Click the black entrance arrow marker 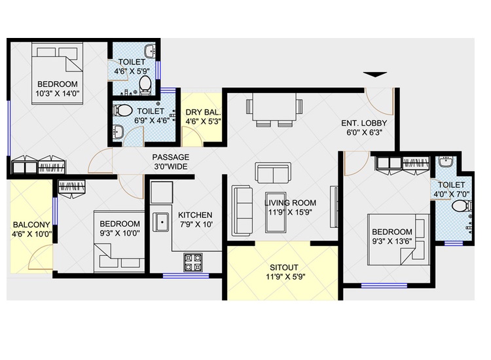(x=375, y=75)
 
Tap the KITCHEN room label (x=195, y=215)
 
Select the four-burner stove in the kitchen (x=193, y=262)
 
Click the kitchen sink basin (x=161, y=222)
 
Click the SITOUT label (x=284, y=268)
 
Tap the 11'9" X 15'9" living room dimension (x=290, y=212)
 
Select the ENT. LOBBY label (x=364, y=123)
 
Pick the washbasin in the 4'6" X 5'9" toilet (x=151, y=50)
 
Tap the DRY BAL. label (x=203, y=113)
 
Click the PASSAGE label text (x=171, y=157)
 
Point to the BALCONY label (x=31, y=225)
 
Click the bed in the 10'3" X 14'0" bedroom (x=57, y=73)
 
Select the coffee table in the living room (x=276, y=212)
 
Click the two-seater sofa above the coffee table (x=273, y=173)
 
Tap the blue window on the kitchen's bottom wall (x=186, y=276)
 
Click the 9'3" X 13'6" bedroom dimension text (x=392, y=241)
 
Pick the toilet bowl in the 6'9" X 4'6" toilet (x=123, y=110)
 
